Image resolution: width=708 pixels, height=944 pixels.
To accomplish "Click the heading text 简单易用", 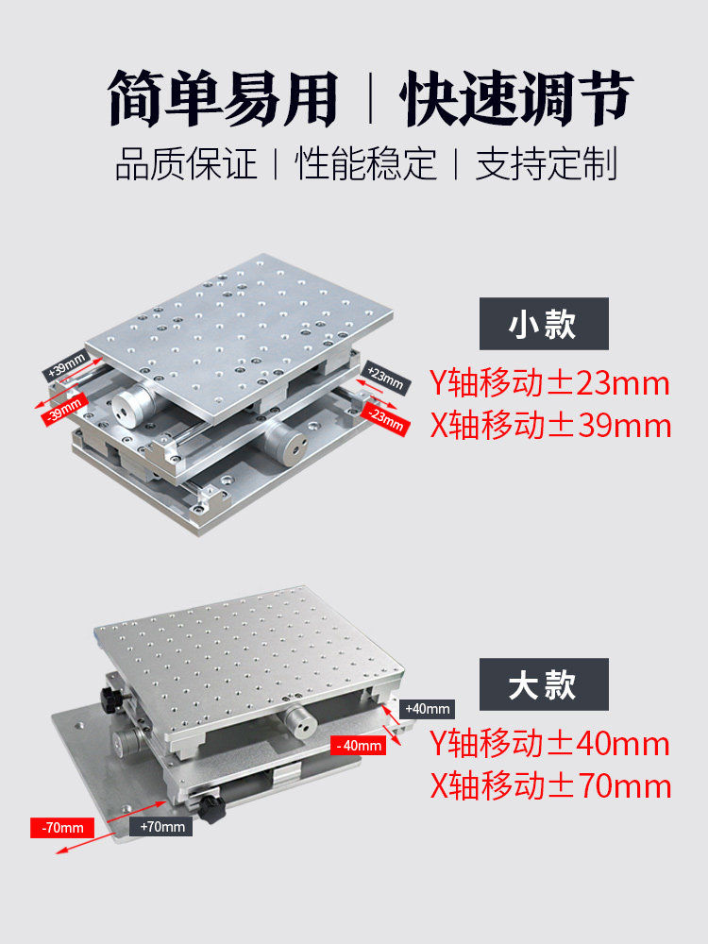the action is click(223, 97).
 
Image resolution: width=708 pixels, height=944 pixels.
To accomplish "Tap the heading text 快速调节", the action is click(517, 97).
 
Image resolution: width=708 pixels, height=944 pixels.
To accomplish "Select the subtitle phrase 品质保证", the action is click(186, 163).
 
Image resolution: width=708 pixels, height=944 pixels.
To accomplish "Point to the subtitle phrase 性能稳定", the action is click(365, 163).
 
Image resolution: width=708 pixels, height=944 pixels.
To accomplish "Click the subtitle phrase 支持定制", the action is click(547, 163).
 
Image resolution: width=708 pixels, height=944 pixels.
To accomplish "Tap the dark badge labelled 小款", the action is click(544, 324).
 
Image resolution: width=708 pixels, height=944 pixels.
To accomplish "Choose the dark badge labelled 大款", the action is click(544, 684).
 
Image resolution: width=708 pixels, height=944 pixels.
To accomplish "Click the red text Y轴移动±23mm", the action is click(549, 383).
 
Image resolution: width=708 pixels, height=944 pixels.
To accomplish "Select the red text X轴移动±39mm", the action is click(550, 426).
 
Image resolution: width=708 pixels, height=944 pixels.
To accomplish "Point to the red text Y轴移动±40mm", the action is click(549, 744).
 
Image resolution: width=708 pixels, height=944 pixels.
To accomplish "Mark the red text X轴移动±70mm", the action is click(550, 786).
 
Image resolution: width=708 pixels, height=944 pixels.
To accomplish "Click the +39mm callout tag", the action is click(67, 365).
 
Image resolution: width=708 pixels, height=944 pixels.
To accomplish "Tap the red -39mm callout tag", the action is click(64, 410).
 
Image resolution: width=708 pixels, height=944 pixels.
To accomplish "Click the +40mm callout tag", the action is click(427, 709).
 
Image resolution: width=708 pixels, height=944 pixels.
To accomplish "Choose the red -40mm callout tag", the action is click(358, 746).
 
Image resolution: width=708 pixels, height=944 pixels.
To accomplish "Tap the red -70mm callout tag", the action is click(62, 828).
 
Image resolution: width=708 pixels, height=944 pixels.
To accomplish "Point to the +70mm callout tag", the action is click(161, 827).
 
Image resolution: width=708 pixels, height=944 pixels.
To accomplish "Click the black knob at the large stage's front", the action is click(211, 809).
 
